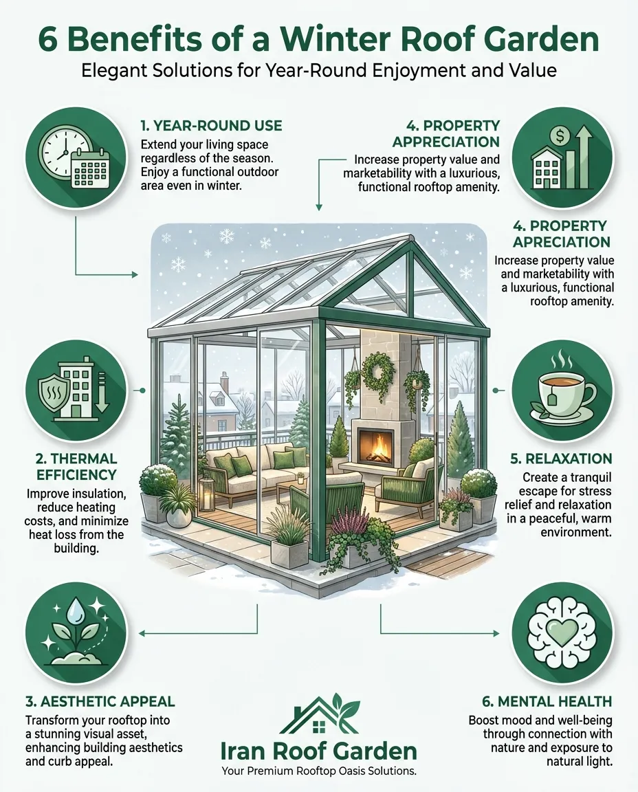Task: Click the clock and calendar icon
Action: tap(76, 157)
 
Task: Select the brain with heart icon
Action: tap(562, 634)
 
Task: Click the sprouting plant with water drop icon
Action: tap(76, 632)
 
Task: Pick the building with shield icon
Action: tap(76, 389)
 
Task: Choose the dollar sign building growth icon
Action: tap(562, 157)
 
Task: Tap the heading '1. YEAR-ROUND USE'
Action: tap(211, 125)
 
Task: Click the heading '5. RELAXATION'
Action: tap(561, 459)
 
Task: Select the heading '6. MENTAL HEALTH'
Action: tap(547, 701)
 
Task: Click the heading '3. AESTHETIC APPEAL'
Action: tap(100, 701)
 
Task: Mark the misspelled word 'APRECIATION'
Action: tap(562, 242)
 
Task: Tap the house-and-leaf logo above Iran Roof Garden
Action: tap(319, 714)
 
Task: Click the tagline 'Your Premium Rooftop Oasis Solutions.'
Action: tap(319, 771)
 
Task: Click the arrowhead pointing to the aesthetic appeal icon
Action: tap(142, 633)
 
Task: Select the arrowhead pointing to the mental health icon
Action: tap(496, 633)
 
